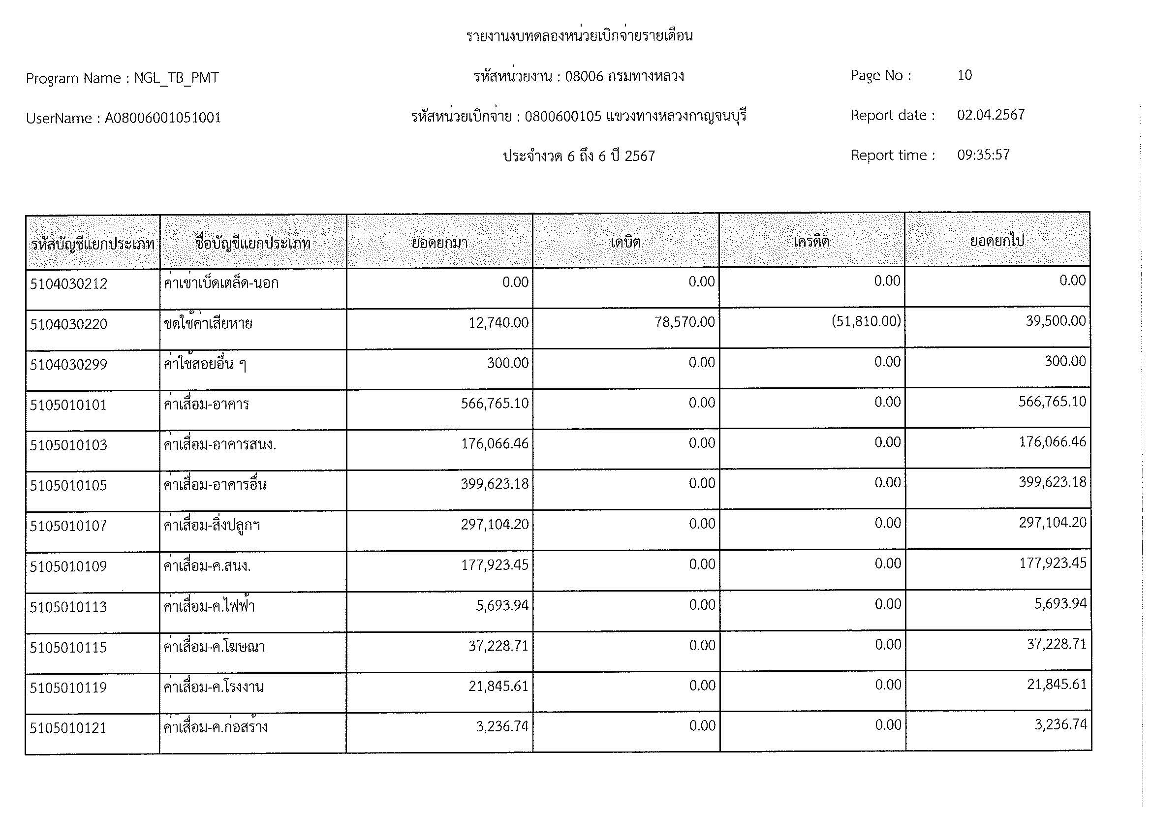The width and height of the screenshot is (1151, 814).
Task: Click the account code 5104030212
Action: (69, 284)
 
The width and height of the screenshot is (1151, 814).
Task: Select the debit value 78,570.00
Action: (684, 322)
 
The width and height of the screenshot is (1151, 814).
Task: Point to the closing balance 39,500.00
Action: (1055, 321)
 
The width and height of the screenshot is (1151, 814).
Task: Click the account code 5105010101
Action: (69, 405)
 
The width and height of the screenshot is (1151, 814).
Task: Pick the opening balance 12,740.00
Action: (498, 323)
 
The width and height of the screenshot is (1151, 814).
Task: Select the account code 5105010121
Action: (69, 728)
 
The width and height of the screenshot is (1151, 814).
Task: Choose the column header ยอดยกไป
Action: (996, 241)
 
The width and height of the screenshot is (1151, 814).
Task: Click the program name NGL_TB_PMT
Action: (177, 78)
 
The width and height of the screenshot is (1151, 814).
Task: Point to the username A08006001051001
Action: (163, 118)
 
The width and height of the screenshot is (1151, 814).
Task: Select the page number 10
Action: (964, 75)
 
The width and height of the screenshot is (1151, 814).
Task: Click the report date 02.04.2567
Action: (991, 115)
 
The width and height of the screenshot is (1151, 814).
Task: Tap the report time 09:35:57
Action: (983, 155)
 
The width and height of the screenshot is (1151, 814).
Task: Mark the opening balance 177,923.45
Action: (494, 565)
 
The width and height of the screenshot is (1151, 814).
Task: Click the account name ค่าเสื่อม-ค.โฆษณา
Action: (215, 647)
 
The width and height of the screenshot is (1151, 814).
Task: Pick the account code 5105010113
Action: (69, 607)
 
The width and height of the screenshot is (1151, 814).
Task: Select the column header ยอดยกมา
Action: (439, 243)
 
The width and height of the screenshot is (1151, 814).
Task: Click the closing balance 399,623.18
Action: (1052, 482)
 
